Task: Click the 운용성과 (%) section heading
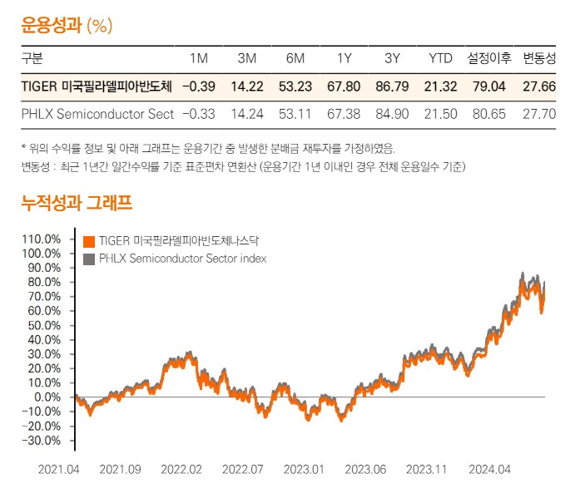point(67,24)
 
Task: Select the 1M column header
point(199,58)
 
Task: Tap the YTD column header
point(440,58)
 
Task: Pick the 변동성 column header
point(538,58)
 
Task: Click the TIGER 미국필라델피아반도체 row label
point(97,86)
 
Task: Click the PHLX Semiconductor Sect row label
point(97,113)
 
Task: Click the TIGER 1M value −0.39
point(198,86)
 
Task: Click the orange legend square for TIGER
point(89,242)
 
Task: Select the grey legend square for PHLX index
point(89,259)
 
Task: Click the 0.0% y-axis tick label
point(47,397)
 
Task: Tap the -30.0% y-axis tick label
point(42,440)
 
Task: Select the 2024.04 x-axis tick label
point(488,469)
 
